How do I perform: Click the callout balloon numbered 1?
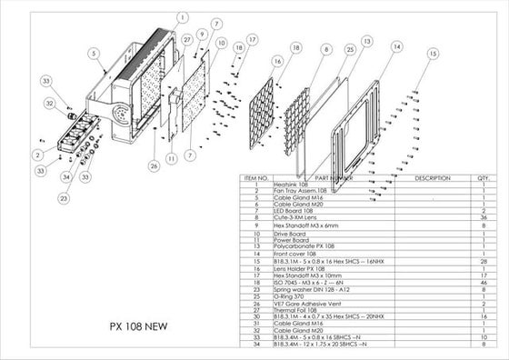[x=183, y=16]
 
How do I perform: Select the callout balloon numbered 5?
[x=94, y=54]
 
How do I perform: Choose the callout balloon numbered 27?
[x=186, y=41]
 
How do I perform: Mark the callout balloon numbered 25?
[x=350, y=47]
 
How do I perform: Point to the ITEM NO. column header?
[x=254, y=179]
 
